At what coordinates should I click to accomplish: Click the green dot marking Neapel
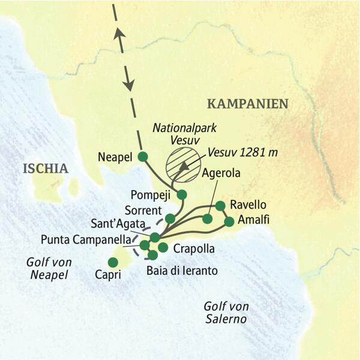tap(142, 157)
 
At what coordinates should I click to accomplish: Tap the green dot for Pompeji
tap(182, 194)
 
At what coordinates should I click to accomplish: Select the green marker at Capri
tap(112, 262)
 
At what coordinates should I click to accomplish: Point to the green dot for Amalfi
tap(229, 221)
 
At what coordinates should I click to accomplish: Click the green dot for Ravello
tap(220, 206)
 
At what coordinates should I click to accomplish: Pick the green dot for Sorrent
tap(170, 218)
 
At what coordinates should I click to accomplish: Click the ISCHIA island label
tap(46, 168)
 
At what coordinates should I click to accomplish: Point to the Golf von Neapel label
tap(46, 268)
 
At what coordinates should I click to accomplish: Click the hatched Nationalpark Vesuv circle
tap(182, 164)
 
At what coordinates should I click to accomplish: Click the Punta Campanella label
tap(83, 239)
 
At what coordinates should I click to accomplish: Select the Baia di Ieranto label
tap(182, 271)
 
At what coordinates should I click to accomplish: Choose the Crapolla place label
tap(193, 248)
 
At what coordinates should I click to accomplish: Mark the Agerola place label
tap(221, 173)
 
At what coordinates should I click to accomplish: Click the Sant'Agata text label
tap(117, 224)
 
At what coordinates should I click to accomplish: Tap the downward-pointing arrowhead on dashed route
tap(128, 84)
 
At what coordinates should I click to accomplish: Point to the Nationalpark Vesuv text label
tap(176, 134)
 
